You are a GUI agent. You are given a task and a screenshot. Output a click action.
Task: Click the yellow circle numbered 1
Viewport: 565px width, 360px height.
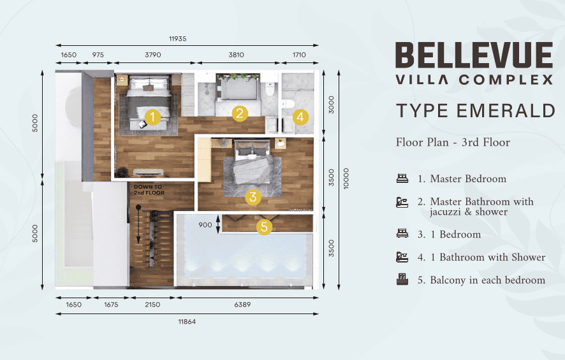(152, 117)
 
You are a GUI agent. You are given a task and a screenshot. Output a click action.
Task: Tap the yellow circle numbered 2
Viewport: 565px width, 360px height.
(240, 113)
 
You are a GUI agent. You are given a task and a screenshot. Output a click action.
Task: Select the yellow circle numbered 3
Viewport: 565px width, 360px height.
(253, 197)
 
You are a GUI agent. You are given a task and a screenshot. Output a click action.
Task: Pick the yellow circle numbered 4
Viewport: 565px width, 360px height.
(300, 117)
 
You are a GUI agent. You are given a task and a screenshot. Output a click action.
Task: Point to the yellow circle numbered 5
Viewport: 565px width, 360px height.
(264, 227)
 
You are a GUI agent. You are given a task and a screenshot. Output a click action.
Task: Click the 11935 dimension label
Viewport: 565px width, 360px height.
(178, 38)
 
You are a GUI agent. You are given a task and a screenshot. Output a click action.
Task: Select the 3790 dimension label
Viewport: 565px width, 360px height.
(153, 55)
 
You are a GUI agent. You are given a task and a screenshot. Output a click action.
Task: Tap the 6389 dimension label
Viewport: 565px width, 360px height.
(242, 305)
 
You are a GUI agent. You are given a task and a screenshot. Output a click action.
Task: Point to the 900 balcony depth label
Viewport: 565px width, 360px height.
(205, 225)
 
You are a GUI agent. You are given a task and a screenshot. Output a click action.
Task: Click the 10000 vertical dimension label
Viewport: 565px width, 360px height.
(346, 179)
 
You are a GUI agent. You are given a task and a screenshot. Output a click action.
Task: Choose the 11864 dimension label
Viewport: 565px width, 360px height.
(187, 322)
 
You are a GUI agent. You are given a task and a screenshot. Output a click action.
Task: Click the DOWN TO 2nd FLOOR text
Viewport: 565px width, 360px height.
(149, 190)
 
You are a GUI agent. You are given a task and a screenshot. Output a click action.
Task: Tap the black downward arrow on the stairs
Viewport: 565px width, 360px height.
(138, 224)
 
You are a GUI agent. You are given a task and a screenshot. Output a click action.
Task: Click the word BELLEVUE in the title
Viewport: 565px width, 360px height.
(474, 55)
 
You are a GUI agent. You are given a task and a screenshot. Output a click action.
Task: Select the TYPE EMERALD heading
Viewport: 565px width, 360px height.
(476, 110)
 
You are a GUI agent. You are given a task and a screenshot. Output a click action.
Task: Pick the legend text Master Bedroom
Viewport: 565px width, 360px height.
(468, 178)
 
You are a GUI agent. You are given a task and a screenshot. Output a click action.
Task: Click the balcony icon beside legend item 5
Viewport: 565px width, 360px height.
(402, 279)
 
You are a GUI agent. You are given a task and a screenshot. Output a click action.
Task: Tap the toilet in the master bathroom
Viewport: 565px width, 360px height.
(270, 89)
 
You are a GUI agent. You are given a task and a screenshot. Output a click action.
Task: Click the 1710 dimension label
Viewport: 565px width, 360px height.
(299, 55)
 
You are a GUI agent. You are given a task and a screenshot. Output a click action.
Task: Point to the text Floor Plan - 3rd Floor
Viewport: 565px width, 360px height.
(453, 142)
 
